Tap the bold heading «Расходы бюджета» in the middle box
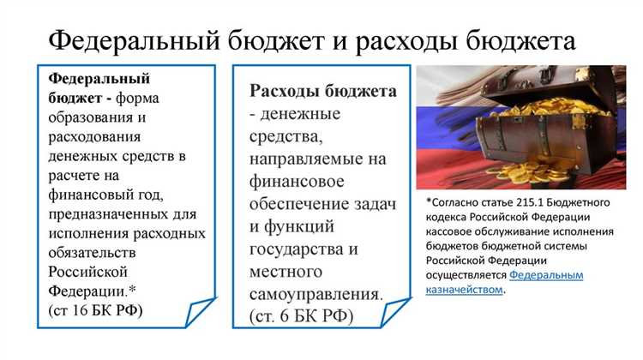point(323,91)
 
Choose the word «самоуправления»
point(315,295)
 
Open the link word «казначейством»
point(464,290)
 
